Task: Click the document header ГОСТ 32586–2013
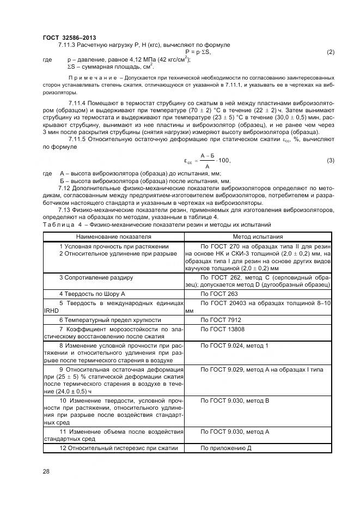coord(65,37)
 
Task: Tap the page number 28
coord(46,470)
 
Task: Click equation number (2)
coord(330,52)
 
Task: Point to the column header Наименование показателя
coord(113,237)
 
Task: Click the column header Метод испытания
coord(258,237)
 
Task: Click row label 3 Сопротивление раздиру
coord(96,277)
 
